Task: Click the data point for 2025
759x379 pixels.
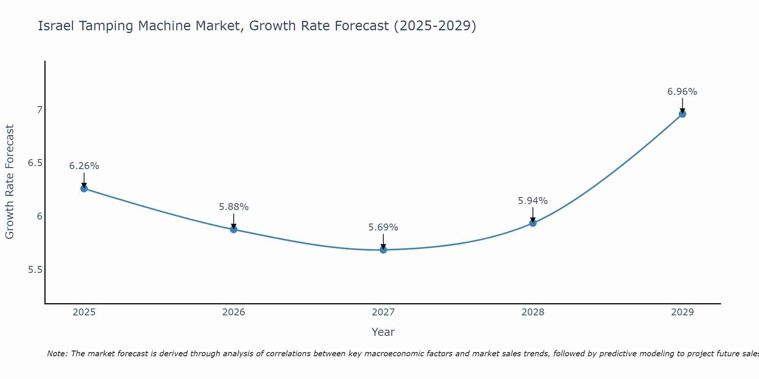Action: click(84, 188)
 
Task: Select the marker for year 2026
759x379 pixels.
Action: click(233, 229)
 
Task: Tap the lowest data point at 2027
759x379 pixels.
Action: click(383, 250)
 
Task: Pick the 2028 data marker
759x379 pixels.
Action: click(533, 223)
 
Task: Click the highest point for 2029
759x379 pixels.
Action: click(682, 114)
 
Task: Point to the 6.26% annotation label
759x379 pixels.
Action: click(84, 166)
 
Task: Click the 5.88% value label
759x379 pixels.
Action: click(233, 207)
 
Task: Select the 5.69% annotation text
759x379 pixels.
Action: click(383, 227)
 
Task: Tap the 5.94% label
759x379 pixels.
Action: click(533, 201)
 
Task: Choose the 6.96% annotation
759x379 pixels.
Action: click(682, 92)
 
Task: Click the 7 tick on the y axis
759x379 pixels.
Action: click(39, 110)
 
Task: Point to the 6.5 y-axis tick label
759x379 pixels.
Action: click(35, 163)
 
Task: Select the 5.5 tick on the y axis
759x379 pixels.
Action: click(35, 270)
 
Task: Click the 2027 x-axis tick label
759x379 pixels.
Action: click(383, 312)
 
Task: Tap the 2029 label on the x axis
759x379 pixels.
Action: click(682, 312)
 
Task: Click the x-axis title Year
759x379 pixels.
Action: click(383, 332)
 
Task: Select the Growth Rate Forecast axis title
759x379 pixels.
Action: click(9, 182)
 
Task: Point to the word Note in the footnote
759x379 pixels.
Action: click(57, 354)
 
